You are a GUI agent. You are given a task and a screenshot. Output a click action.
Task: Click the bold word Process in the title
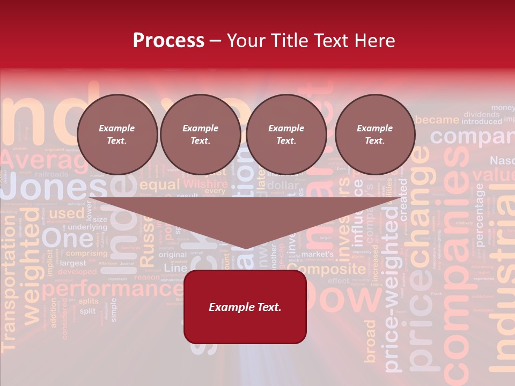tap(168, 41)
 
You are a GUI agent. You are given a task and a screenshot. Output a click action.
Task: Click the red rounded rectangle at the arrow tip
tap(245, 307)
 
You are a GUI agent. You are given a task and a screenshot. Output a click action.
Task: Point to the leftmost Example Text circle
tap(117, 134)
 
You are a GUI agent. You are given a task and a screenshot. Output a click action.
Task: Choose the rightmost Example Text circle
tap(374, 134)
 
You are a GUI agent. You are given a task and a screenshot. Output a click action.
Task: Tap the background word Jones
tap(54, 188)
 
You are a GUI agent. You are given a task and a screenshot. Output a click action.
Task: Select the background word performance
tap(113, 290)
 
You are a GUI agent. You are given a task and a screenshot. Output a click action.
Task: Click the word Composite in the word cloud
tap(330, 269)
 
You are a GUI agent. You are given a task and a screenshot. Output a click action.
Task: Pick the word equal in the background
tap(160, 185)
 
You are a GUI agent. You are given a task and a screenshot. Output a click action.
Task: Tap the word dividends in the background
tap(481, 114)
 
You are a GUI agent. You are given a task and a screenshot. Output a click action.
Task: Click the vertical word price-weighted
tap(392, 289)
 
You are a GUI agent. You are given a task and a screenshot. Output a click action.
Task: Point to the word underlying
tap(87, 227)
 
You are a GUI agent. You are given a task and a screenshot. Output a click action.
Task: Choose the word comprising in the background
tap(87, 253)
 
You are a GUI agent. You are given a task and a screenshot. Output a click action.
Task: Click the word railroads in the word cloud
tap(51, 174)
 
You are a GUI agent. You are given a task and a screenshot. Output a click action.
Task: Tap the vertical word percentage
tap(479, 214)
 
